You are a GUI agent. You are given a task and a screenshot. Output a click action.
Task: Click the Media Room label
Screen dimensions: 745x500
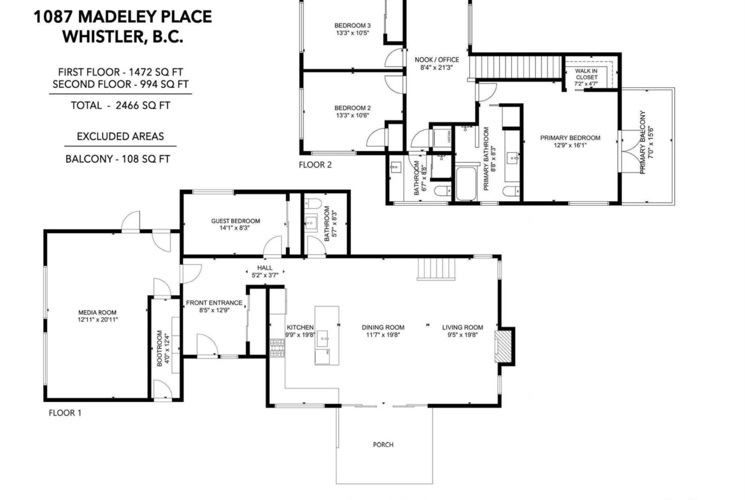pyautogui.click(x=97, y=312)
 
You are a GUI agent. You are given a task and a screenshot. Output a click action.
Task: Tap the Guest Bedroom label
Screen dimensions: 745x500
pyautogui.click(x=236, y=221)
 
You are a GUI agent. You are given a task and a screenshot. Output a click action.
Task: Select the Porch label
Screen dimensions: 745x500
pyautogui.click(x=383, y=445)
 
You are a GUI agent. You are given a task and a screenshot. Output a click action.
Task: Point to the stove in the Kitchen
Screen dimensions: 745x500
pyautogui.click(x=277, y=348)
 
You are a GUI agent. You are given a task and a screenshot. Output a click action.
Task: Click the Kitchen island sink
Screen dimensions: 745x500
pyautogui.click(x=327, y=338)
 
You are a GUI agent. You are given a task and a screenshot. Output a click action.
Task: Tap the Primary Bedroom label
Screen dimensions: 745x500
pyautogui.click(x=570, y=138)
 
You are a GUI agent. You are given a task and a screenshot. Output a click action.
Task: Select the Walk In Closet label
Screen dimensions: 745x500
pyautogui.click(x=586, y=74)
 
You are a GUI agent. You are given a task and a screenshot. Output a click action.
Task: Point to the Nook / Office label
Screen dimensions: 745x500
pyautogui.click(x=437, y=60)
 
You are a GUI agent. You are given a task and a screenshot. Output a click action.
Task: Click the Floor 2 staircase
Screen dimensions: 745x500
pyautogui.click(x=516, y=67)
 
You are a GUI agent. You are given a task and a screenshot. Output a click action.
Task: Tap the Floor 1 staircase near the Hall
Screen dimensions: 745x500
pyautogui.click(x=437, y=269)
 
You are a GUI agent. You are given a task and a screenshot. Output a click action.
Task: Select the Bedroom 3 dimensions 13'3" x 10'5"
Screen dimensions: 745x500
pyautogui.click(x=353, y=33)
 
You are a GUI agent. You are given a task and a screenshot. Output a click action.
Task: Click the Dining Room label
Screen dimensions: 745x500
pyautogui.click(x=383, y=327)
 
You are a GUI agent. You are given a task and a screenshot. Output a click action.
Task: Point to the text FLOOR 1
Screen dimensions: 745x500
pyautogui.click(x=65, y=413)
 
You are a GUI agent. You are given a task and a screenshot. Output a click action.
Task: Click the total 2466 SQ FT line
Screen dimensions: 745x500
pyautogui.click(x=120, y=106)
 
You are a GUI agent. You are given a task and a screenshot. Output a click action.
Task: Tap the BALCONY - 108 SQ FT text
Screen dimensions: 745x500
pyautogui.click(x=118, y=159)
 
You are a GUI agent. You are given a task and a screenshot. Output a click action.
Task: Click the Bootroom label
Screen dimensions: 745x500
pyautogui.click(x=160, y=348)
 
